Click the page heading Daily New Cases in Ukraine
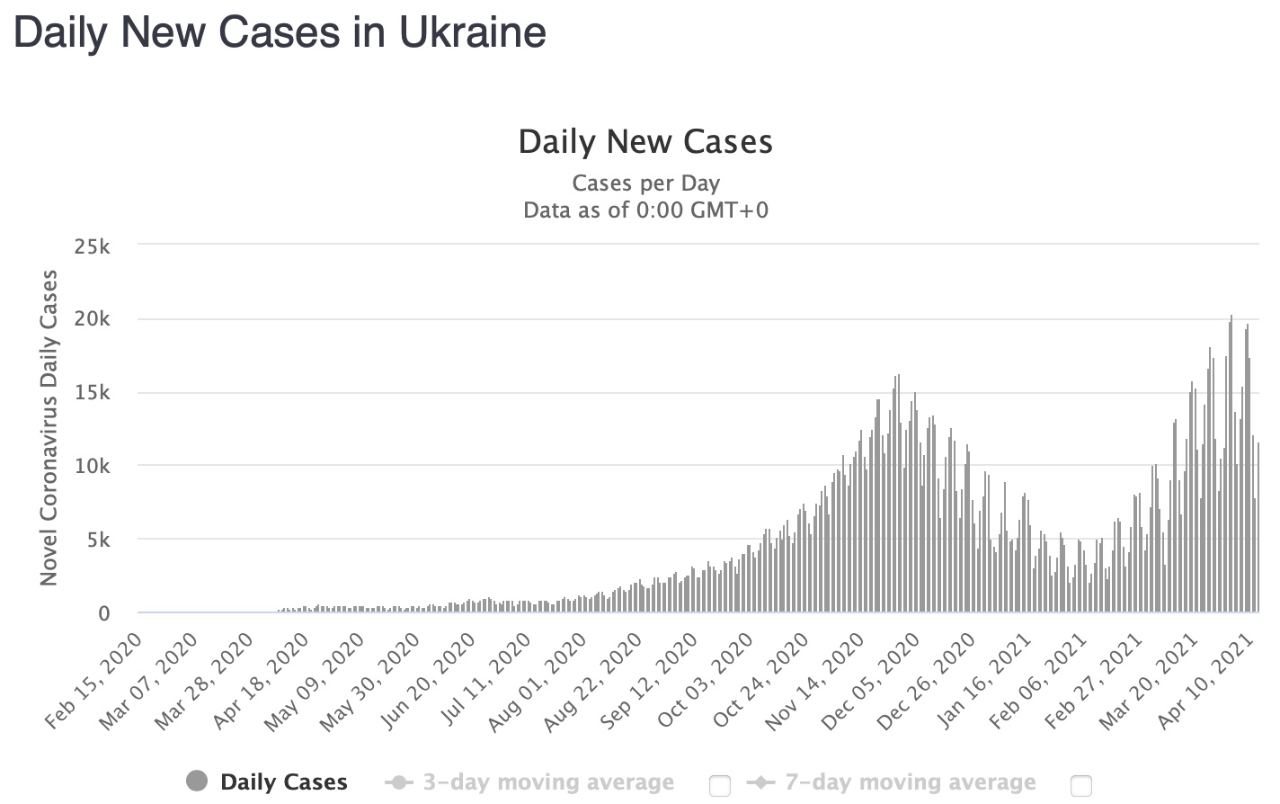280,33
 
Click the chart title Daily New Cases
645,142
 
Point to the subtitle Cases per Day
645,183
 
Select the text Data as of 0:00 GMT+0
645,210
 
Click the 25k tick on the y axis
92,246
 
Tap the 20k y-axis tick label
92,319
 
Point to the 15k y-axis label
92,393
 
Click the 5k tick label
97,540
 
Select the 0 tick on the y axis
104,613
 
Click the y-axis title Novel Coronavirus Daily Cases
49,427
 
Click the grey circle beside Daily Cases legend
197,782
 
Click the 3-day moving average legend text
548,783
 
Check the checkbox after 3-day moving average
719,785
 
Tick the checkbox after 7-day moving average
1081,785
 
